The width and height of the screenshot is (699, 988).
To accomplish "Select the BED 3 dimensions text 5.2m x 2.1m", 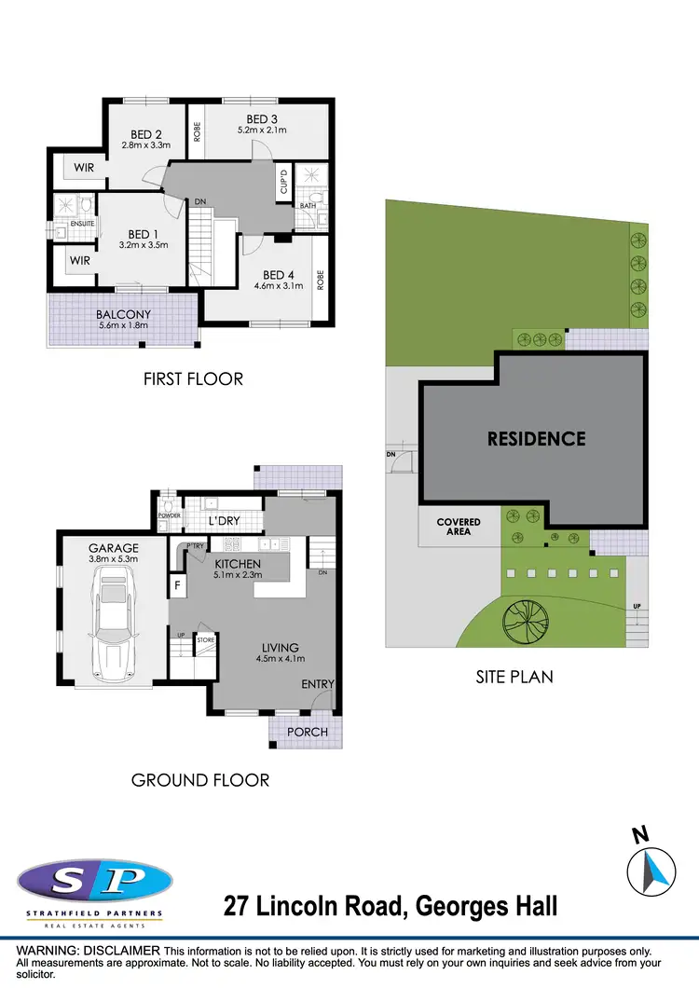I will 262,130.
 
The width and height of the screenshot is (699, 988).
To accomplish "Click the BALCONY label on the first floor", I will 123,315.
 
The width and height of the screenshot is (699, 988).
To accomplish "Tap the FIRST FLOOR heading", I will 193,378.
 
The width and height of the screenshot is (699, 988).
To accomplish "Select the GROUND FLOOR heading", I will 200,779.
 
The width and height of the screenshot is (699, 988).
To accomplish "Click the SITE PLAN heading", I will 514,677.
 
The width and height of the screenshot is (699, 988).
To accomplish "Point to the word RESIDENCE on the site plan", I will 536,438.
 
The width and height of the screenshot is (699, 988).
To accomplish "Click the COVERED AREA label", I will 459,528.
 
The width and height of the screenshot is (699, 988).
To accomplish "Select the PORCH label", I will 308,732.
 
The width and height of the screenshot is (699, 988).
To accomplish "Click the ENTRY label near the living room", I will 317,684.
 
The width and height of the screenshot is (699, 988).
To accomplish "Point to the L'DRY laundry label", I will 225,520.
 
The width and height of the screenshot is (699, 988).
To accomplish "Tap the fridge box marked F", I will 177,585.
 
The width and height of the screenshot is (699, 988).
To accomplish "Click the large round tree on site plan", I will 526,616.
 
